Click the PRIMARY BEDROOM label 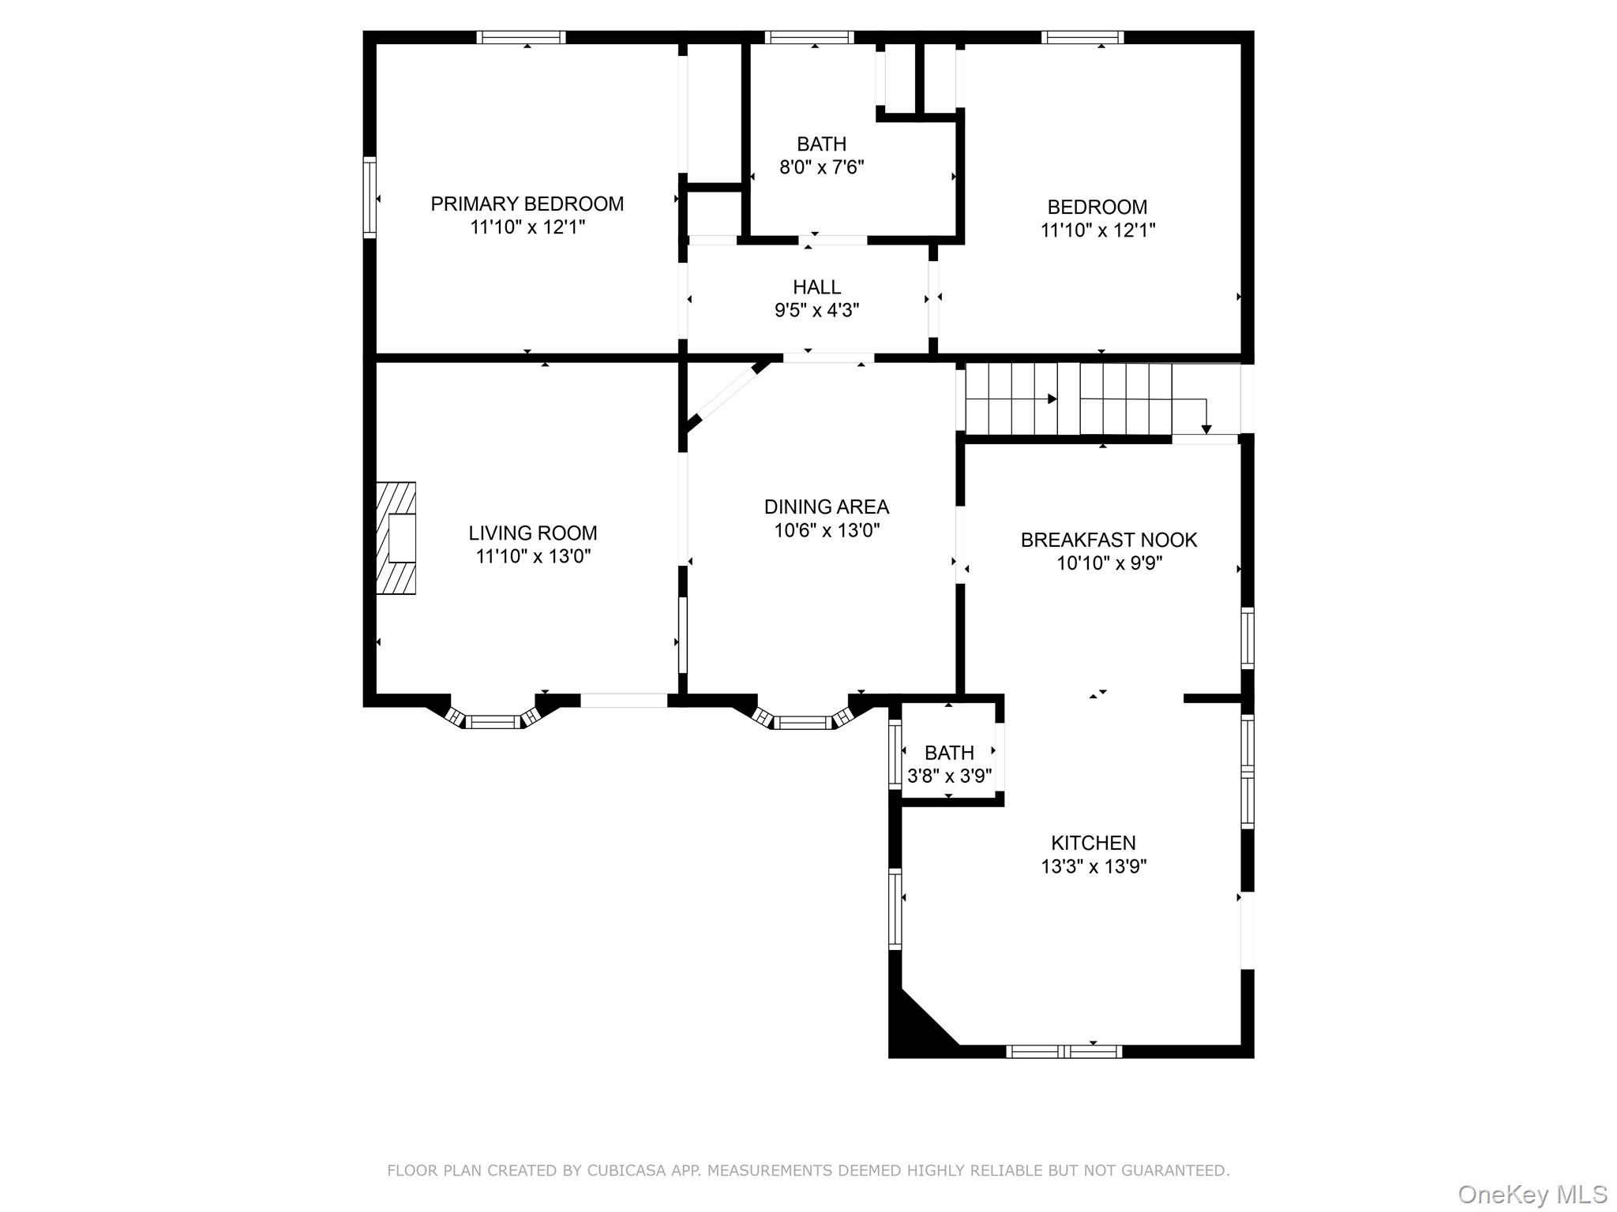[x=527, y=204]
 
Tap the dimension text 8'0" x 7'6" [x=821, y=167]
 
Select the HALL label [x=816, y=287]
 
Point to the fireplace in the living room [x=396, y=538]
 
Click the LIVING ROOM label [x=532, y=533]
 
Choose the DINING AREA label [x=826, y=507]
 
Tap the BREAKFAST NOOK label [x=1109, y=540]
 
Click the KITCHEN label [x=1093, y=843]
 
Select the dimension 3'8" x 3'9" [x=949, y=776]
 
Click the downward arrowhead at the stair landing [x=1206, y=429]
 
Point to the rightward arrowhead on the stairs [x=1052, y=399]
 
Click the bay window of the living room [x=493, y=720]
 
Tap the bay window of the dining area [x=801, y=720]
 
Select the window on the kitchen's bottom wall [x=1064, y=1051]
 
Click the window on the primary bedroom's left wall [x=370, y=197]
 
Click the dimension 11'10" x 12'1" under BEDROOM [x=1097, y=230]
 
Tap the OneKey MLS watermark [x=1532, y=1194]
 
